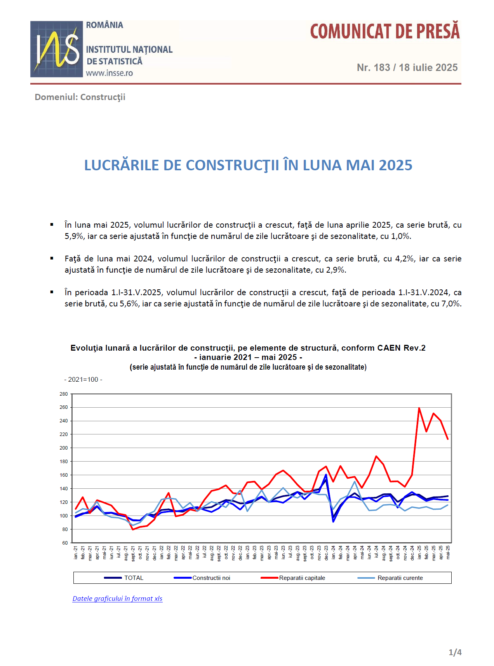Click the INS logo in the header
pyautogui.click(x=57, y=49)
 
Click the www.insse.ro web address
pyautogui.click(x=110, y=73)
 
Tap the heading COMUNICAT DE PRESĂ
pyautogui.click(x=385, y=31)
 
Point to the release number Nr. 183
pyautogui.click(x=374, y=67)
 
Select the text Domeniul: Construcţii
pyautogui.click(x=80, y=97)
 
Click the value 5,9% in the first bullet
pyautogui.click(x=74, y=236)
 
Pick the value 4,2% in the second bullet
pyautogui.click(x=405, y=259)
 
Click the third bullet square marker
pyautogui.click(x=52, y=292)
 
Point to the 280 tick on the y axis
pyautogui.click(x=64, y=394)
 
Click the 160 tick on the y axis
pyautogui.click(x=64, y=475)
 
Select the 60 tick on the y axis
pyautogui.click(x=65, y=543)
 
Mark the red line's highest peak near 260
pyautogui.click(x=419, y=408)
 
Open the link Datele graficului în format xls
pyautogui.click(x=117, y=599)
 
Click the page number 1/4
pyautogui.click(x=455, y=652)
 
